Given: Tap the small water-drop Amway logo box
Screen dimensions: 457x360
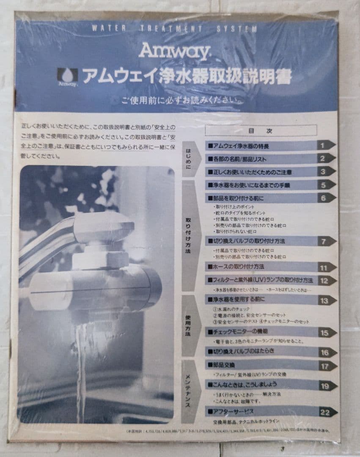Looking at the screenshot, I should tap(68, 77).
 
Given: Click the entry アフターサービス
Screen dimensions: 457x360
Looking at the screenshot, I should tap(233, 411).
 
